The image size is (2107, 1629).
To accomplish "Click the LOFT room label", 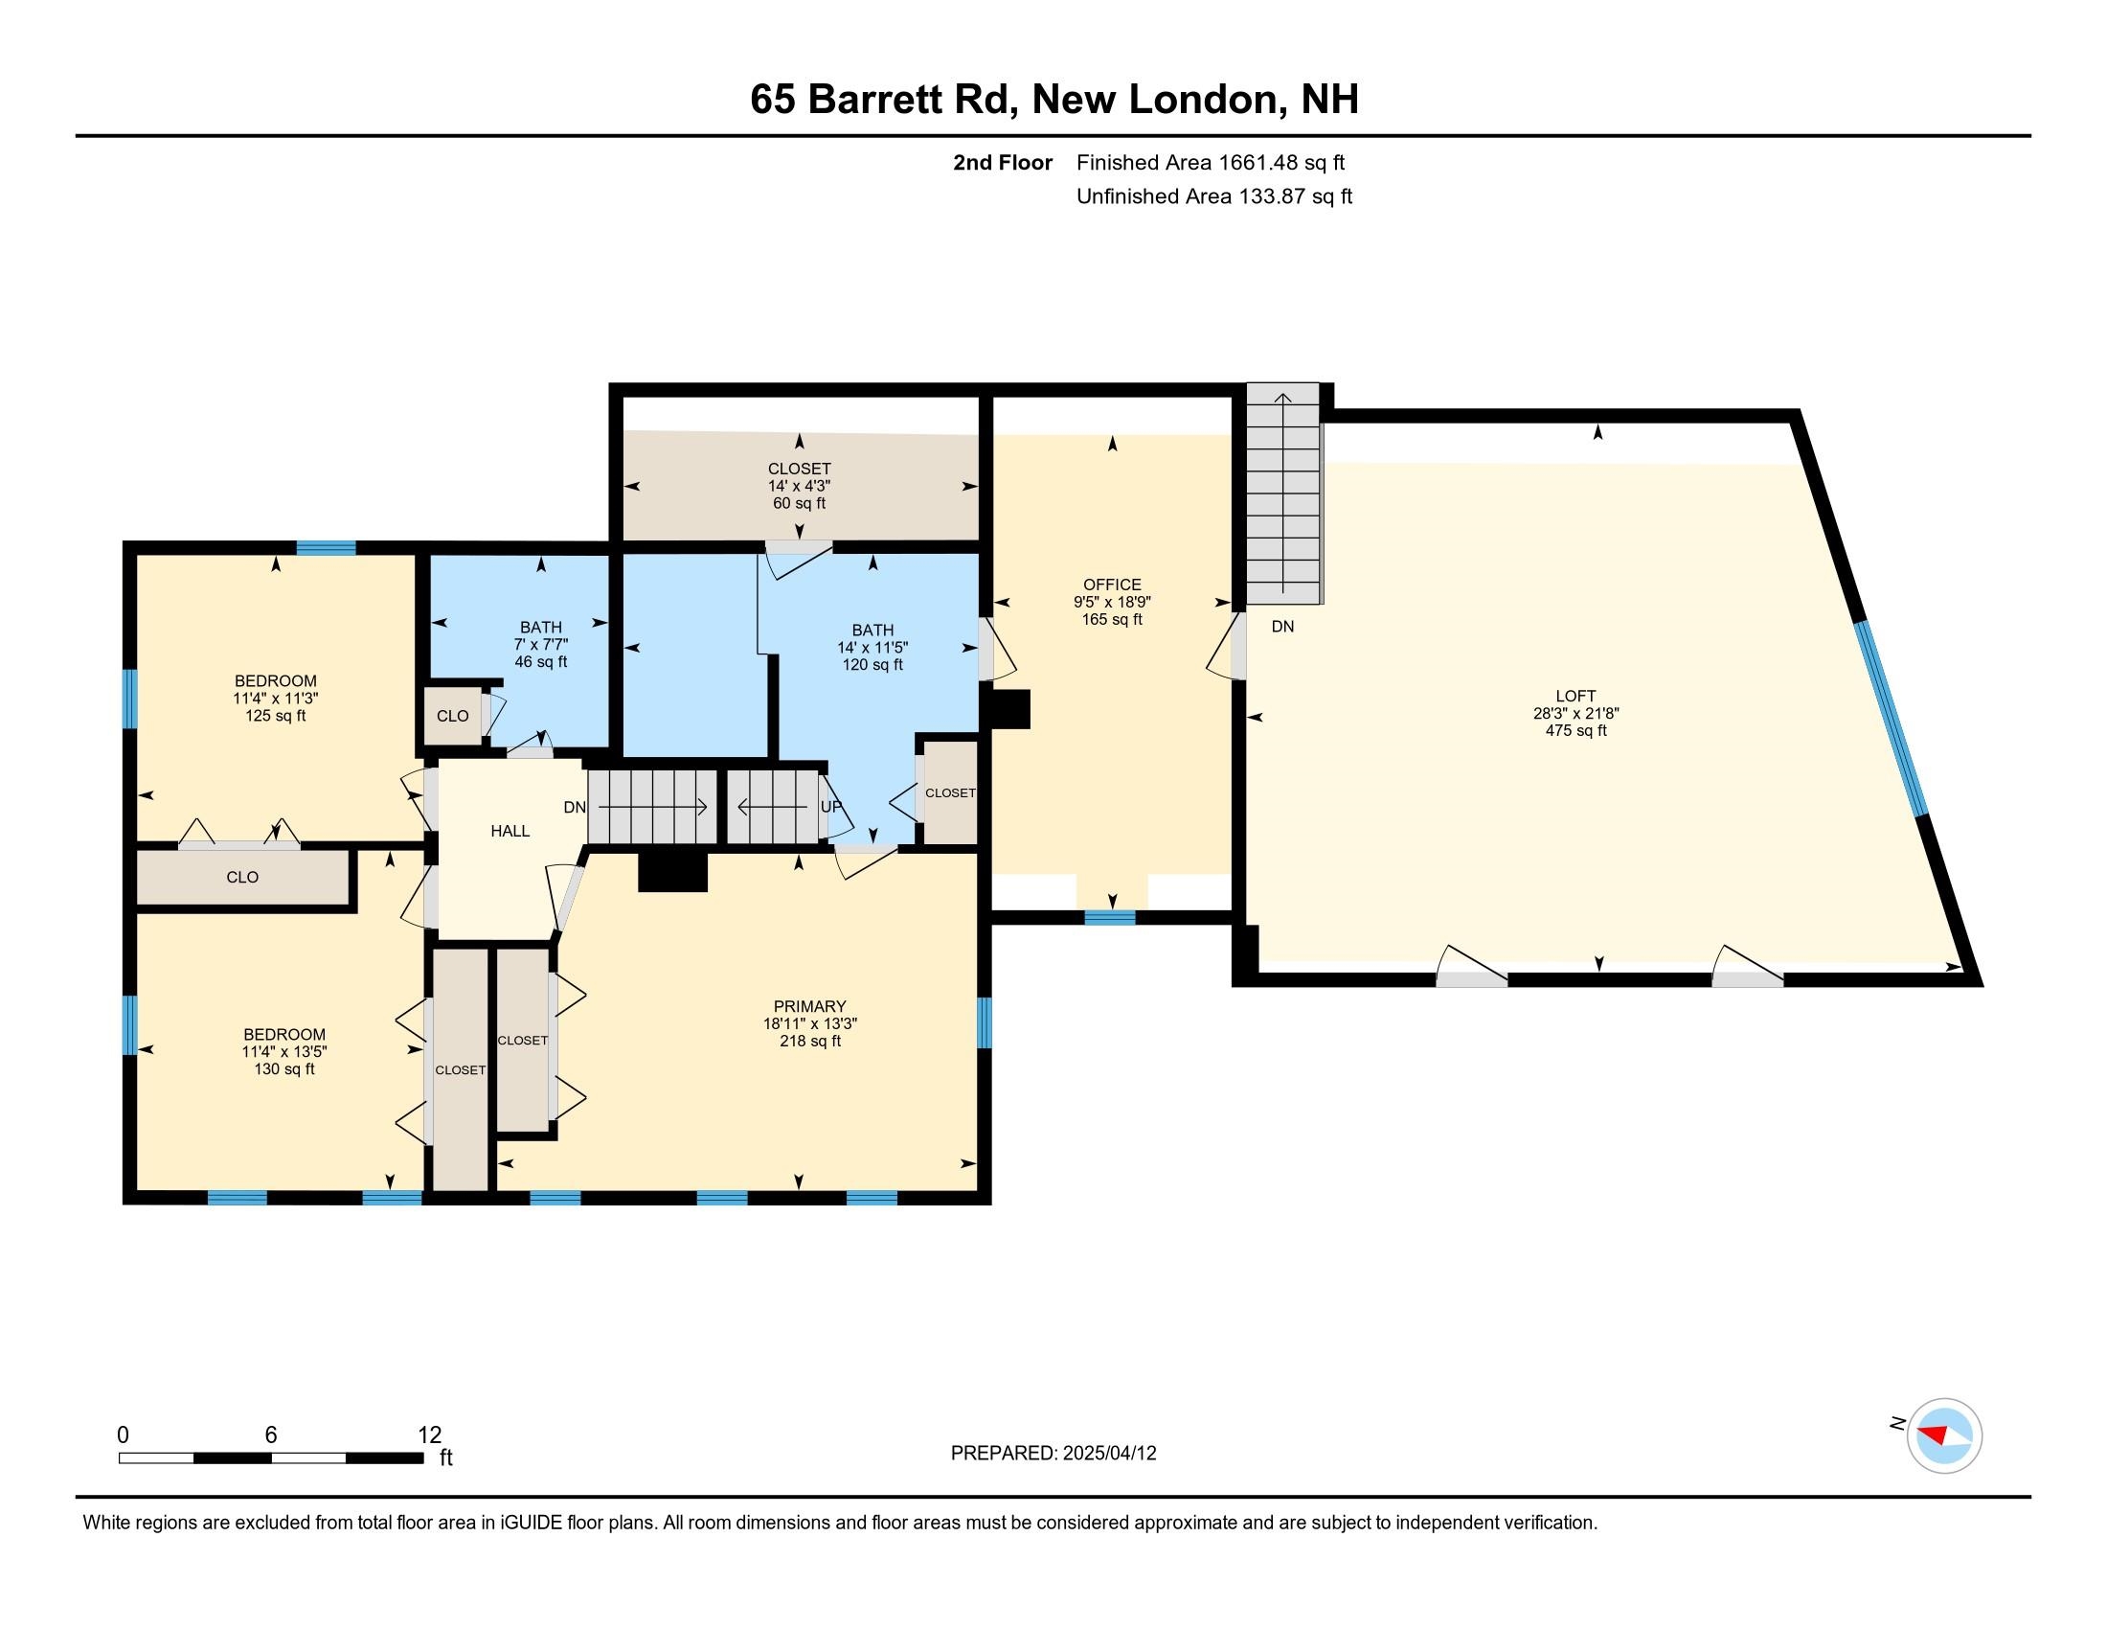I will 1575,696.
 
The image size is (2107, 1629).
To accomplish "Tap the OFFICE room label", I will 1111,585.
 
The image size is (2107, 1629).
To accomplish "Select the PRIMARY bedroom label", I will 808,1005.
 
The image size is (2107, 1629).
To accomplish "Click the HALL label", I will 510,831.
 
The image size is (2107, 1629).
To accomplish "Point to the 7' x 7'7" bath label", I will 540,645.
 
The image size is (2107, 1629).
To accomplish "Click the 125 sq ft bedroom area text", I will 275,716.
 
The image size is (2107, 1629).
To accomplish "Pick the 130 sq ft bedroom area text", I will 283,1069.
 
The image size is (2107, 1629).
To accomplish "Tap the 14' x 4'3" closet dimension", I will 799,487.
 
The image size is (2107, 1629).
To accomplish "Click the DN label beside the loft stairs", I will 1282,627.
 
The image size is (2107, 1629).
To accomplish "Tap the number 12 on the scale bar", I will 429,1435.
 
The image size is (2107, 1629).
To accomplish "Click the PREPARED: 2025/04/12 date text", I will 1053,1454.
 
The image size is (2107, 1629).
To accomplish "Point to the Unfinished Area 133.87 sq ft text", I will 1213,196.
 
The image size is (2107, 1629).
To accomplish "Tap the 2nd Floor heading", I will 1003,163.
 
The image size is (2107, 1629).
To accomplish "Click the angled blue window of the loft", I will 1892,720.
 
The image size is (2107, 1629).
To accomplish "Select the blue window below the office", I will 1109,918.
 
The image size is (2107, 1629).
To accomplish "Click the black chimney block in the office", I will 1008,708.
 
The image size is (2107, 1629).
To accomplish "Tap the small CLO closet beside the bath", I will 452,716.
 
